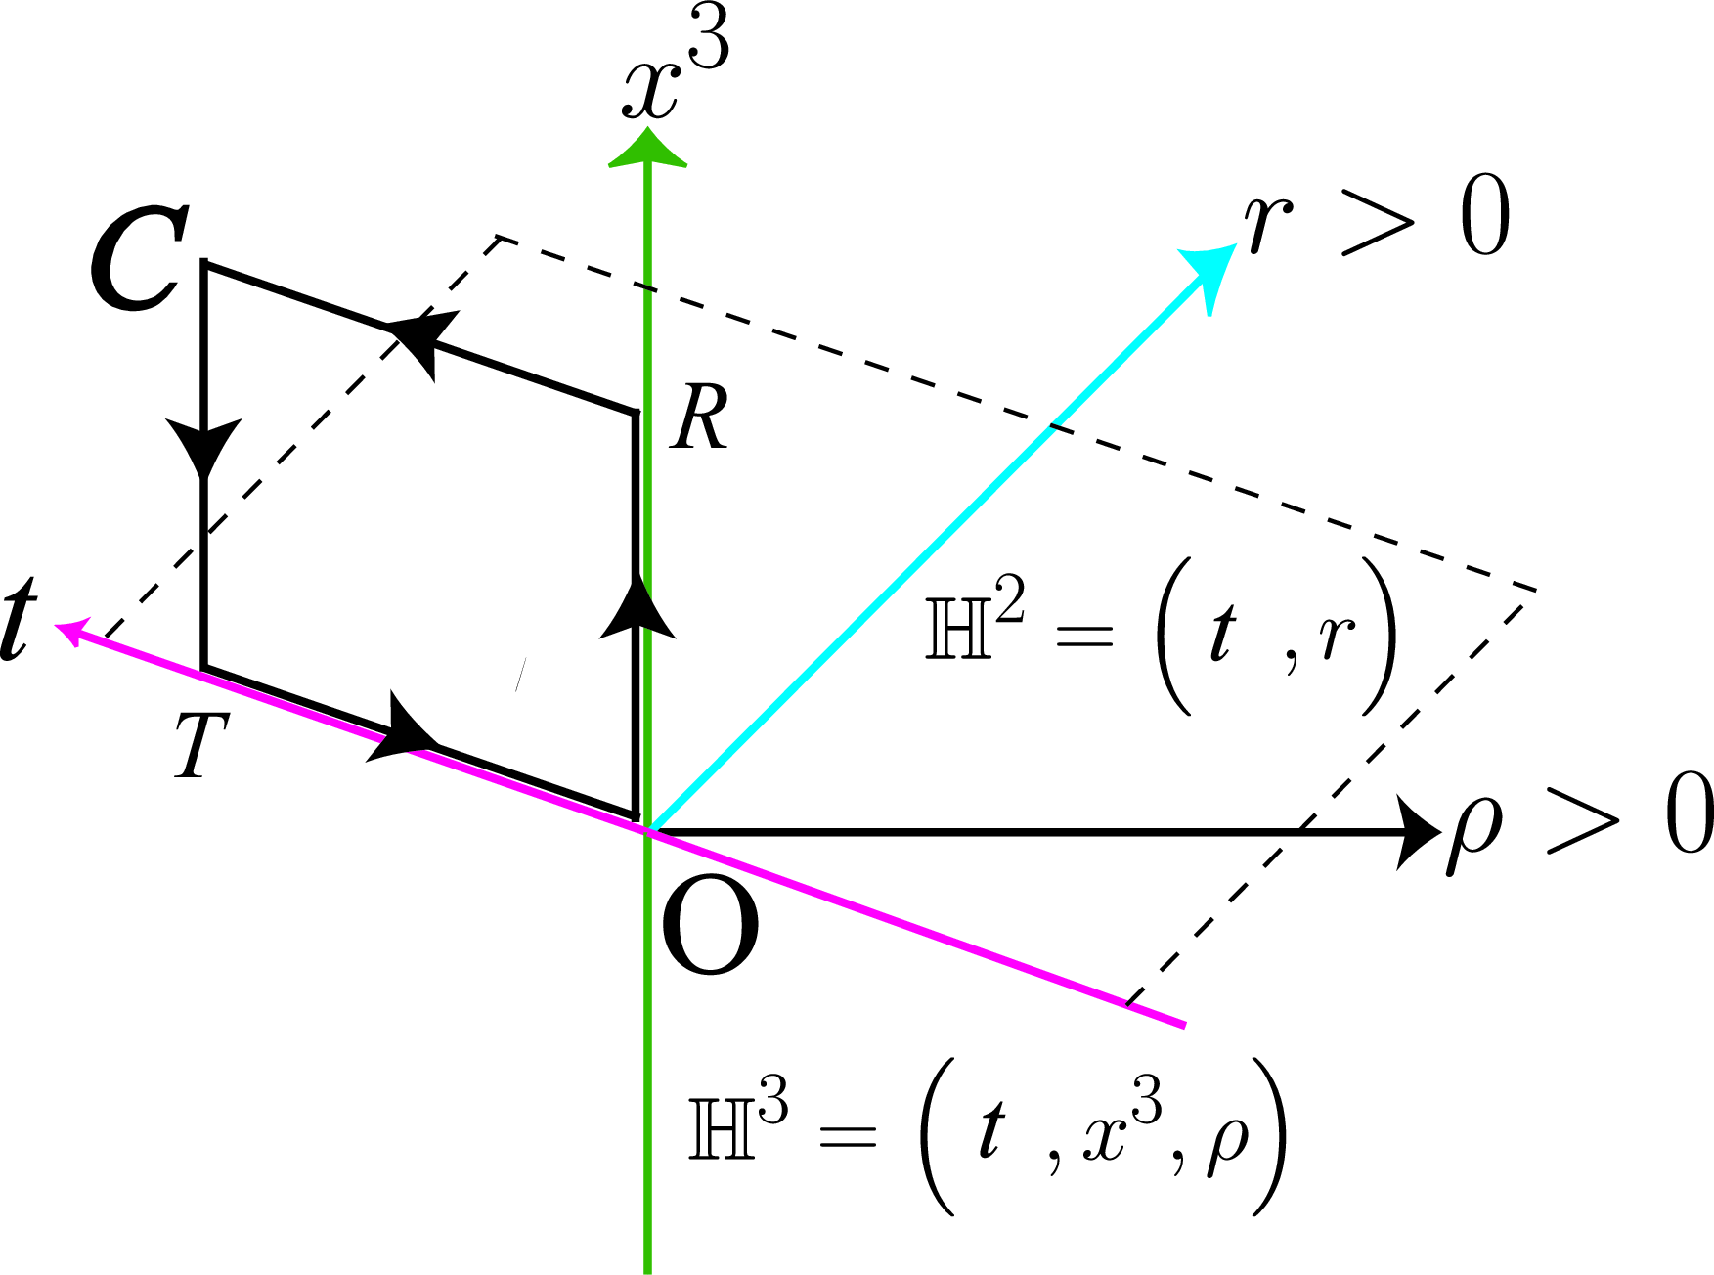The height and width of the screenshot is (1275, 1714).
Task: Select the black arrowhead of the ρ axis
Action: coord(1418,832)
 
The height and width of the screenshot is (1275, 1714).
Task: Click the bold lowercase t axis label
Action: coord(20,618)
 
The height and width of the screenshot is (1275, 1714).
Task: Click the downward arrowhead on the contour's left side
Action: coord(203,449)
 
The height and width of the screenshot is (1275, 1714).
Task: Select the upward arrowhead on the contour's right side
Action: coord(637,607)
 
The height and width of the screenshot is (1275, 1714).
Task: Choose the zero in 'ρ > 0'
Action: coord(1689,813)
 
